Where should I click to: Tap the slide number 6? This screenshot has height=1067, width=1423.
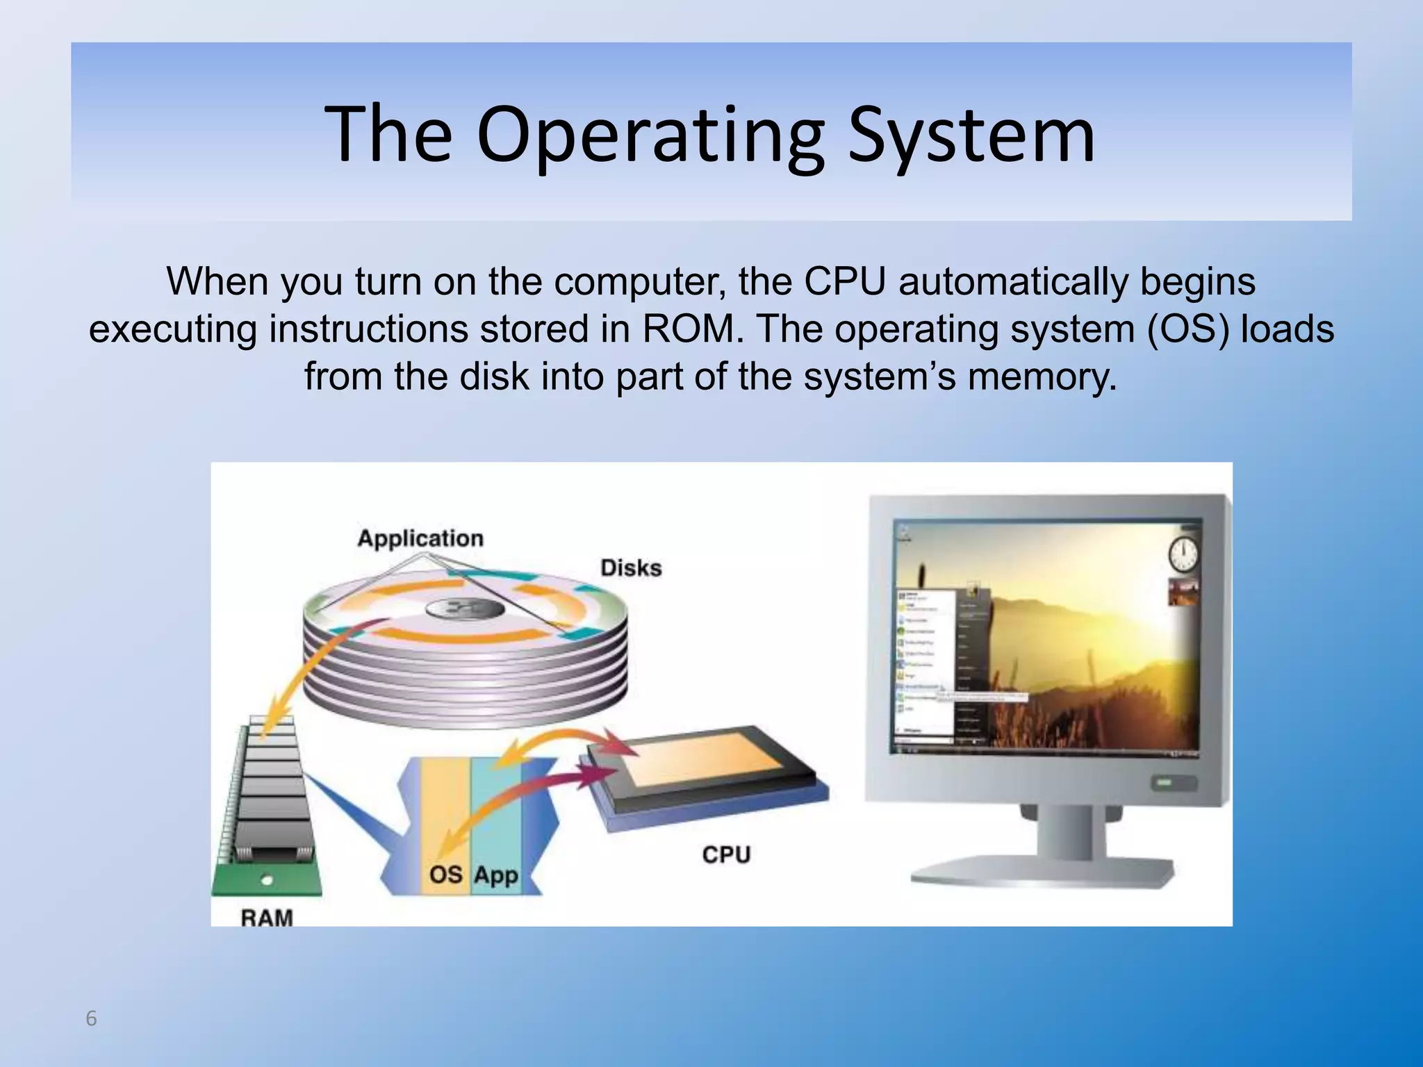pos(91,1019)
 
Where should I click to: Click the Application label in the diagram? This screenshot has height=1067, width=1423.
pos(420,538)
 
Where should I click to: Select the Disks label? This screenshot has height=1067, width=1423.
pos(631,568)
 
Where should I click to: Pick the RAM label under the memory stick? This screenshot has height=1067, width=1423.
pos(267,918)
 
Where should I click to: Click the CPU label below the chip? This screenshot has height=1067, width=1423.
pos(726,854)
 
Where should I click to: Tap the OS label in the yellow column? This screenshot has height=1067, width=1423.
pos(446,874)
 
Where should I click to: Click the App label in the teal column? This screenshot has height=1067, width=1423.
pos(496,875)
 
